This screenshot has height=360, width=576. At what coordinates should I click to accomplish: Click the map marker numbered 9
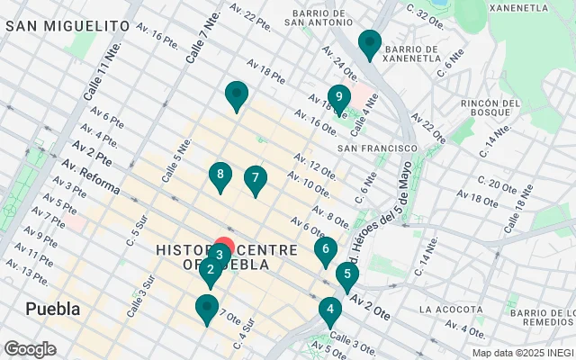click(x=338, y=97)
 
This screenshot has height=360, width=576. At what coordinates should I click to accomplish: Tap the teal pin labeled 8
click(x=220, y=175)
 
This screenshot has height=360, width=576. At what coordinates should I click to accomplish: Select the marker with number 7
click(x=256, y=179)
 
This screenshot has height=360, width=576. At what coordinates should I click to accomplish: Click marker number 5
click(x=346, y=275)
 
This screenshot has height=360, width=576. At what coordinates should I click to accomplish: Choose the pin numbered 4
click(x=330, y=311)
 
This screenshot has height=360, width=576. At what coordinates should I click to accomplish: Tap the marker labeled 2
click(x=210, y=269)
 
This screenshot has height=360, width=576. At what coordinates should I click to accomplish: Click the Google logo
click(x=31, y=348)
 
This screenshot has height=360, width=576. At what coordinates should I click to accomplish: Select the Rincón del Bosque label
click(x=490, y=110)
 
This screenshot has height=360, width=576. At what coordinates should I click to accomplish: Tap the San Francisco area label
click(x=377, y=148)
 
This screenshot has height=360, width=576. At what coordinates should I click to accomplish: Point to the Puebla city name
click(x=52, y=309)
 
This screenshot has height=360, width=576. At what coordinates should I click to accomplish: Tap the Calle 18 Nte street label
click(x=520, y=209)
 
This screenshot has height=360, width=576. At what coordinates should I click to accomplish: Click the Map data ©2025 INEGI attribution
click(x=521, y=353)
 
